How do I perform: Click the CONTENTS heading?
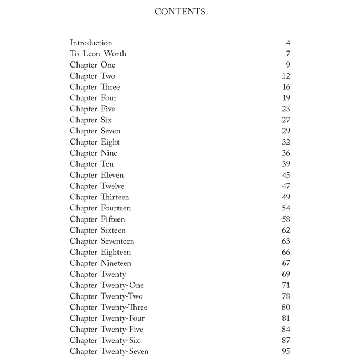[180, 12]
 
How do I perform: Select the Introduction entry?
[91, 43]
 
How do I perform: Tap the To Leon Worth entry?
[98, 54]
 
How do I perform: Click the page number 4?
[288, 43]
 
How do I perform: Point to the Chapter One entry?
[92, 65]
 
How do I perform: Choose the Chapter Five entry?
[92, 109]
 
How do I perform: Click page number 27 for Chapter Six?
[286, 120]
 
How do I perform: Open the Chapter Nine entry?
[94, 153]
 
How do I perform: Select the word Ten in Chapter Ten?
[107, 164]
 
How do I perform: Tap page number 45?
[286, 175]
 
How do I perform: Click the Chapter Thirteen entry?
[100, 197]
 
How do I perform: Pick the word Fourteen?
[116, 208]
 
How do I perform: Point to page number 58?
[286, 219]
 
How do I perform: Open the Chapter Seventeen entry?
[102, 241]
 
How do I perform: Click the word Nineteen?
[116, 263]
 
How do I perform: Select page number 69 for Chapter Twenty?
[286, 274]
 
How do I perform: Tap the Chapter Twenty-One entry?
[106, 285]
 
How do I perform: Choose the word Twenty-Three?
[124, 307]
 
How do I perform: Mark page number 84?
[286, 330]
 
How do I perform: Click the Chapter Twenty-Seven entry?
[109, 351]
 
